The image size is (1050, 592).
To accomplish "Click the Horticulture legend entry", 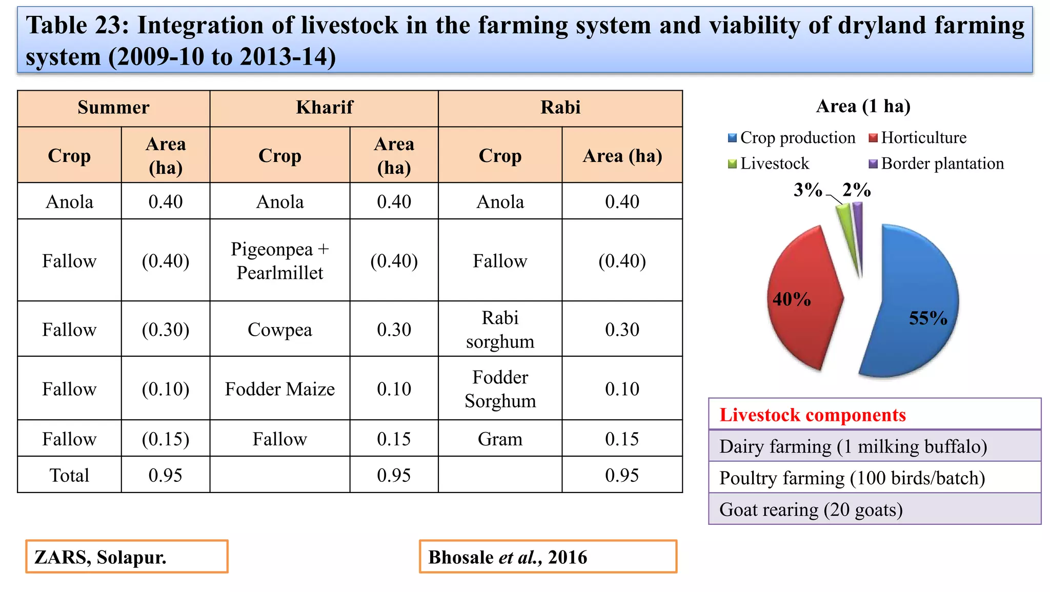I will (918, 137).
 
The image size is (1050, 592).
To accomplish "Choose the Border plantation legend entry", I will (936, 164).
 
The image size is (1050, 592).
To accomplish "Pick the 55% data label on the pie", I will (928, 318).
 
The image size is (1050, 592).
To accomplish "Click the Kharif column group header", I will (324, 108).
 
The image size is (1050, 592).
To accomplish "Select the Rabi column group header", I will (560, 108).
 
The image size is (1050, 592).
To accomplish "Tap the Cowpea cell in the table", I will (279, 330).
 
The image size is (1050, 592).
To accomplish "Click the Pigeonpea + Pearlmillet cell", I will (279, 261).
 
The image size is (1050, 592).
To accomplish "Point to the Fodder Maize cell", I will (279, 389).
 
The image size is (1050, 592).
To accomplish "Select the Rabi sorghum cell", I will (500, 330).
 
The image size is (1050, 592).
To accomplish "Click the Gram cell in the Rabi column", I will (500, 439).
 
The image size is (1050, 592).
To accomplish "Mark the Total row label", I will (69, 476).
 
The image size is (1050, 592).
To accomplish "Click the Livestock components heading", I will (813, 415).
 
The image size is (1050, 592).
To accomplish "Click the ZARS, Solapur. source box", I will (127, 557).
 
